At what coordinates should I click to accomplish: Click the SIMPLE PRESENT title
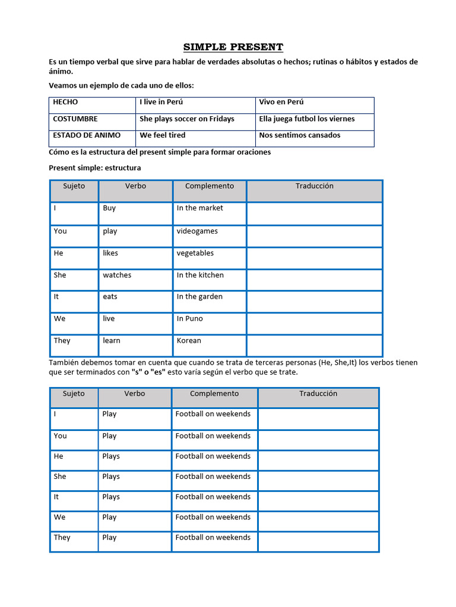(x=233, y=47)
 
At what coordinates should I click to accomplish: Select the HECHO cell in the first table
(x=65, y=102)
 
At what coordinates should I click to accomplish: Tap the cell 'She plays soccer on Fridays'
(x=187, y=119)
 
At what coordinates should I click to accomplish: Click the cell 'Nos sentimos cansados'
(x=300, y=135)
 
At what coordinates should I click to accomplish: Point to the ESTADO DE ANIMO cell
(x=87, y=135)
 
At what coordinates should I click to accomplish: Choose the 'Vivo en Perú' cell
(x=281, y=102)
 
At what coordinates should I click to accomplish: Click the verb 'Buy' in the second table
(x=109, y=208)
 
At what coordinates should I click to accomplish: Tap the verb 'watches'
(x=117, y=275)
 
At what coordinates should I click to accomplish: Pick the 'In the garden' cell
(x=199, y=297)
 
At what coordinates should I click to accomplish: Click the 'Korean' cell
(x=189, y=341)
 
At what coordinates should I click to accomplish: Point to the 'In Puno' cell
(x=189, y=319)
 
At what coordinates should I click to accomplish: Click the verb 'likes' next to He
(x=110, y=253)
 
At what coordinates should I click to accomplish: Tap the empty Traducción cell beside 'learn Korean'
(x=314, y=345)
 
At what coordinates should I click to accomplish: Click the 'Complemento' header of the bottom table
(x=214, y=394)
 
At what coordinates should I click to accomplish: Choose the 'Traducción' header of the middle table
(x=314, y=186)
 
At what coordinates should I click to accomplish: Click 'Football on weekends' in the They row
(x=213, y=538)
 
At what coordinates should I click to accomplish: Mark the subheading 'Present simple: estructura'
(x=94, y=168)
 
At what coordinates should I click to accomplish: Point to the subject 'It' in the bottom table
(x=56, y=497)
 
